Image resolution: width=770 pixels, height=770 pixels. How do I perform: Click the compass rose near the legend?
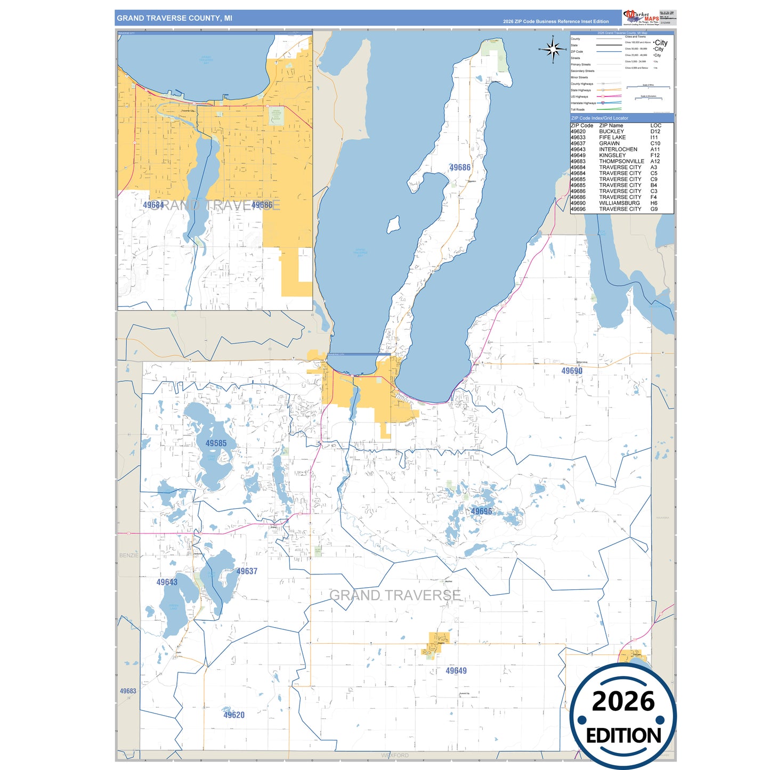(553, 50)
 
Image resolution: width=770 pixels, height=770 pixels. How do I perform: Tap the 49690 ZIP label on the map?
(572, 371)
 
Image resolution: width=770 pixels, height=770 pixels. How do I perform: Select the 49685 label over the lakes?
(216, 443)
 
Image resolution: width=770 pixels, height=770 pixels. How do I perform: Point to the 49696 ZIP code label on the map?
(481, 512)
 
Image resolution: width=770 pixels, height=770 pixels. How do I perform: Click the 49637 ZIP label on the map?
(247, 571)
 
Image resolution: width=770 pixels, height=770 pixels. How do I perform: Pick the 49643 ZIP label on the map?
(167, 582)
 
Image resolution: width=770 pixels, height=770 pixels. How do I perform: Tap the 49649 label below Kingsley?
(456, 671)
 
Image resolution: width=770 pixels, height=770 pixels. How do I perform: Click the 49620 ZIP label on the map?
(234, 715)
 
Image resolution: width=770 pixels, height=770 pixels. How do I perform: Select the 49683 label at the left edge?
(128, 691)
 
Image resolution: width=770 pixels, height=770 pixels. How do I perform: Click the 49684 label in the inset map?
(153, 205)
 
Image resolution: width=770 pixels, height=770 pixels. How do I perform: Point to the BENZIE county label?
(128, 555)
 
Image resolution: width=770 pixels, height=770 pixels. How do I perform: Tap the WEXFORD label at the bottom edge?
(395, 756)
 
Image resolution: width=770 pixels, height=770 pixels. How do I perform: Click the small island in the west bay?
(393, 225)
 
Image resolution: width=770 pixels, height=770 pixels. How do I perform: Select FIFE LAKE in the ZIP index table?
(612, 137)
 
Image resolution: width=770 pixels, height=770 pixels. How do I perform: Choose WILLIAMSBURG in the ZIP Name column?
(619, 203)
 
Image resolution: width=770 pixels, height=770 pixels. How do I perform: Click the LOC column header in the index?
(655, 126)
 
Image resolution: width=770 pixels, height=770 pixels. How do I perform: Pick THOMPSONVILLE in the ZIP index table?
(621, 161)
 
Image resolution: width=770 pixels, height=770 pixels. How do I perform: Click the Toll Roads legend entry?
(578, 110)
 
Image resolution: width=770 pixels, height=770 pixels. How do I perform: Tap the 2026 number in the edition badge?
(623, 701)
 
